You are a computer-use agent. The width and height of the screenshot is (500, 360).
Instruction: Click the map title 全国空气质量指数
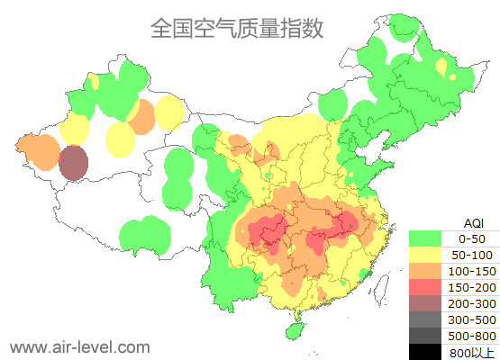tap(237, 28)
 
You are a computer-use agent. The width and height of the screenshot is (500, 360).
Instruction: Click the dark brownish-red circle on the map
tap(74, 163)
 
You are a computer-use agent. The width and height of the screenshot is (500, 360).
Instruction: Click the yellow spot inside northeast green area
tap(440, 67)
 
